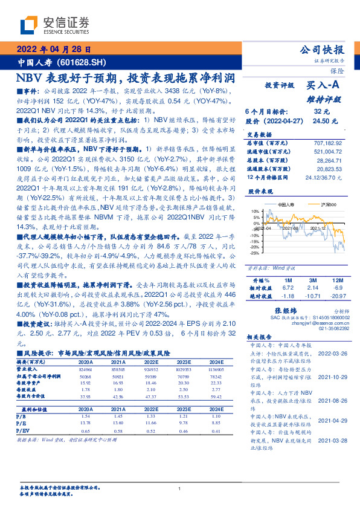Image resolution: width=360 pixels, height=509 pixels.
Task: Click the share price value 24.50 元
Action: click(320, 121)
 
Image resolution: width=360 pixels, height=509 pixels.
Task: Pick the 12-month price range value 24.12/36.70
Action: click(326, 176)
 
